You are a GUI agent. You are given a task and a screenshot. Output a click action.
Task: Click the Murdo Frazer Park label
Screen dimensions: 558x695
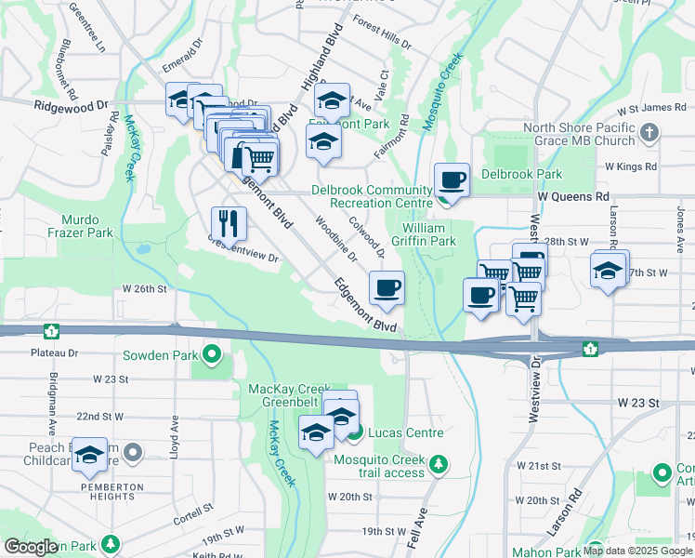pos(86,226)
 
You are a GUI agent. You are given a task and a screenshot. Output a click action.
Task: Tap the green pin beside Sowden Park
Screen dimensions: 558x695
pos(213,354)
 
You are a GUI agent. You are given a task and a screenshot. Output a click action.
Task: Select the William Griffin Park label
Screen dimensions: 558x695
pos(428,234)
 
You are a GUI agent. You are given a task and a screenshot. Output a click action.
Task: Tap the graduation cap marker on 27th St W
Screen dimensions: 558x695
pos(609,271)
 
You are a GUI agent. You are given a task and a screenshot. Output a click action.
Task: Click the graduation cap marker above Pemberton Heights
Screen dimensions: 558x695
pos(89,455)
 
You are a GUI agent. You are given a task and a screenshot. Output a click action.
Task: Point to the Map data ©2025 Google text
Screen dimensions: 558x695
pos(637,551)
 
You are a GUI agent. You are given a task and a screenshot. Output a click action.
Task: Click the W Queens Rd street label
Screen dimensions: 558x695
pos(573,197)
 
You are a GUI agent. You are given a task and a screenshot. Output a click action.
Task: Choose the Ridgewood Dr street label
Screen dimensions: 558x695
pos(72,108)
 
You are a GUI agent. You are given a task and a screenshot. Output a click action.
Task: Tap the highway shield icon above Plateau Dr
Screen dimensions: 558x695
pos(50,331)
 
